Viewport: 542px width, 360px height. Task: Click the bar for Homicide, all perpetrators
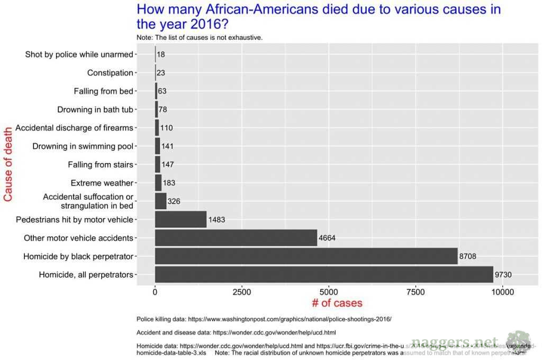[324, 275]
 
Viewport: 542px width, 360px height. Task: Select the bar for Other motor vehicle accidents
[236, 238]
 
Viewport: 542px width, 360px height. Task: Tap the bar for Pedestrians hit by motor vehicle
[180, 219]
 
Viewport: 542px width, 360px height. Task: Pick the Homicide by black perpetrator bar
[306, 256]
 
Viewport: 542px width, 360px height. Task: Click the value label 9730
[503, 275]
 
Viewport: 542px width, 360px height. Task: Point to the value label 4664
[327, 238]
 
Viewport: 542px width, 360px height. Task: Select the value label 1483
[217, 220]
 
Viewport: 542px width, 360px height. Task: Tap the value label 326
[174, 201]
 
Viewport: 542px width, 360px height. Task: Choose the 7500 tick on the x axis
[415, 291]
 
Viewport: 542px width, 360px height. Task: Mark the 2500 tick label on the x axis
[242, 291]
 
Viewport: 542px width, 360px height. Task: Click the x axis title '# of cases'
[337, 303]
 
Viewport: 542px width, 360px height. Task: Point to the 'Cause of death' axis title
[8, 164]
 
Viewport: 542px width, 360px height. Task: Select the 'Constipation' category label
[110, 73]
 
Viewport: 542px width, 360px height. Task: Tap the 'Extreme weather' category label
[102, 183]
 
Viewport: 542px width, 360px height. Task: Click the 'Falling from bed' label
[103, 91]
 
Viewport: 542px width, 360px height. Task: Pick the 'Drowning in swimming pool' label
[83, 146]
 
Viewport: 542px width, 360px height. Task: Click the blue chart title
[319, 16]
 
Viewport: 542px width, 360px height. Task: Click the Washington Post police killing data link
[264, 319]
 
